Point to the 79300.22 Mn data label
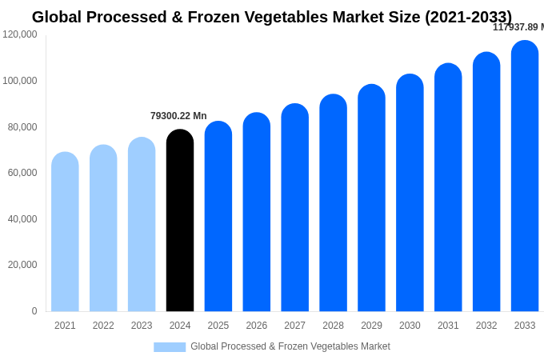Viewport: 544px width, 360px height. coord(178,116)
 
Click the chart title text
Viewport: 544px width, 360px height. coord(272,17)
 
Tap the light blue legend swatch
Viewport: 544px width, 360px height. coord(170,347)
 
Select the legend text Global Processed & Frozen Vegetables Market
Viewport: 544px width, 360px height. coord(290,346)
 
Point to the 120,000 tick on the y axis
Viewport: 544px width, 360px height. coord(20,34)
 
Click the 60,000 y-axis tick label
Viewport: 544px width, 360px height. coord(22,173)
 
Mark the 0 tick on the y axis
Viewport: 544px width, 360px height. coord(34,311)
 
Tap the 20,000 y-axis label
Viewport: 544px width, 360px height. coord(22,265)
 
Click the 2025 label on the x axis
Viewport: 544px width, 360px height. coord(218,326)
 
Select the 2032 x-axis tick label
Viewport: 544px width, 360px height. coord(486,326)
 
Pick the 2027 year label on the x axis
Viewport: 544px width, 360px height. coord(294,326)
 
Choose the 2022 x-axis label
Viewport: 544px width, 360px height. coord(103,326)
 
